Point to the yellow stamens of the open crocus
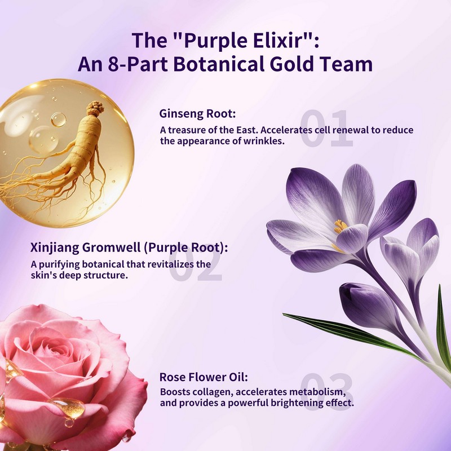coord(341,227)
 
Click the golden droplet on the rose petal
coord(68,407)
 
